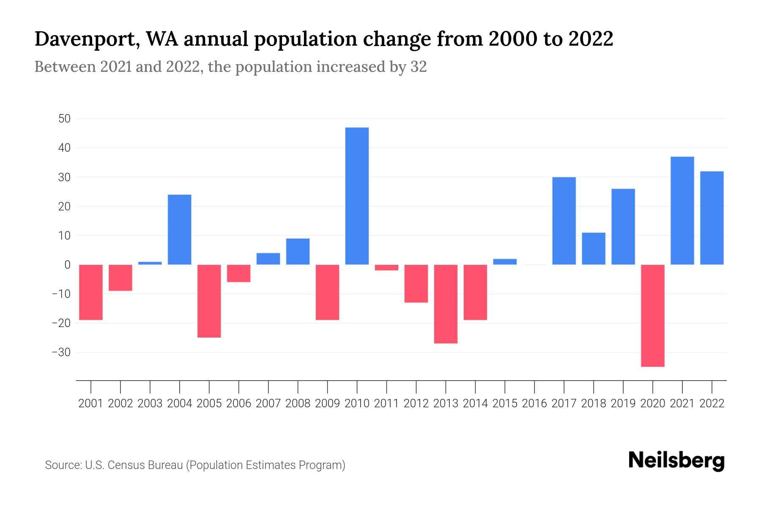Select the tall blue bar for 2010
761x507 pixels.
357,196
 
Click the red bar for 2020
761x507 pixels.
653,316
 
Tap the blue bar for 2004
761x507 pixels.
180,229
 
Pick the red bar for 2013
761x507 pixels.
446,304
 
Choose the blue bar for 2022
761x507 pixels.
712,218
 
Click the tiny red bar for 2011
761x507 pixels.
386,267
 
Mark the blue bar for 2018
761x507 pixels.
594,248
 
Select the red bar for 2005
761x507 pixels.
209,301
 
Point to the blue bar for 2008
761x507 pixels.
298,251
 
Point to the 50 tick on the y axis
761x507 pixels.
64,119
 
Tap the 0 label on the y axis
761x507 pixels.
67,265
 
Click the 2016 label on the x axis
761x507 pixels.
534,403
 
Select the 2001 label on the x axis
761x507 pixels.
91,403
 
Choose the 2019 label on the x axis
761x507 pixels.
623,403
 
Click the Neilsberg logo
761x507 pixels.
676,461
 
